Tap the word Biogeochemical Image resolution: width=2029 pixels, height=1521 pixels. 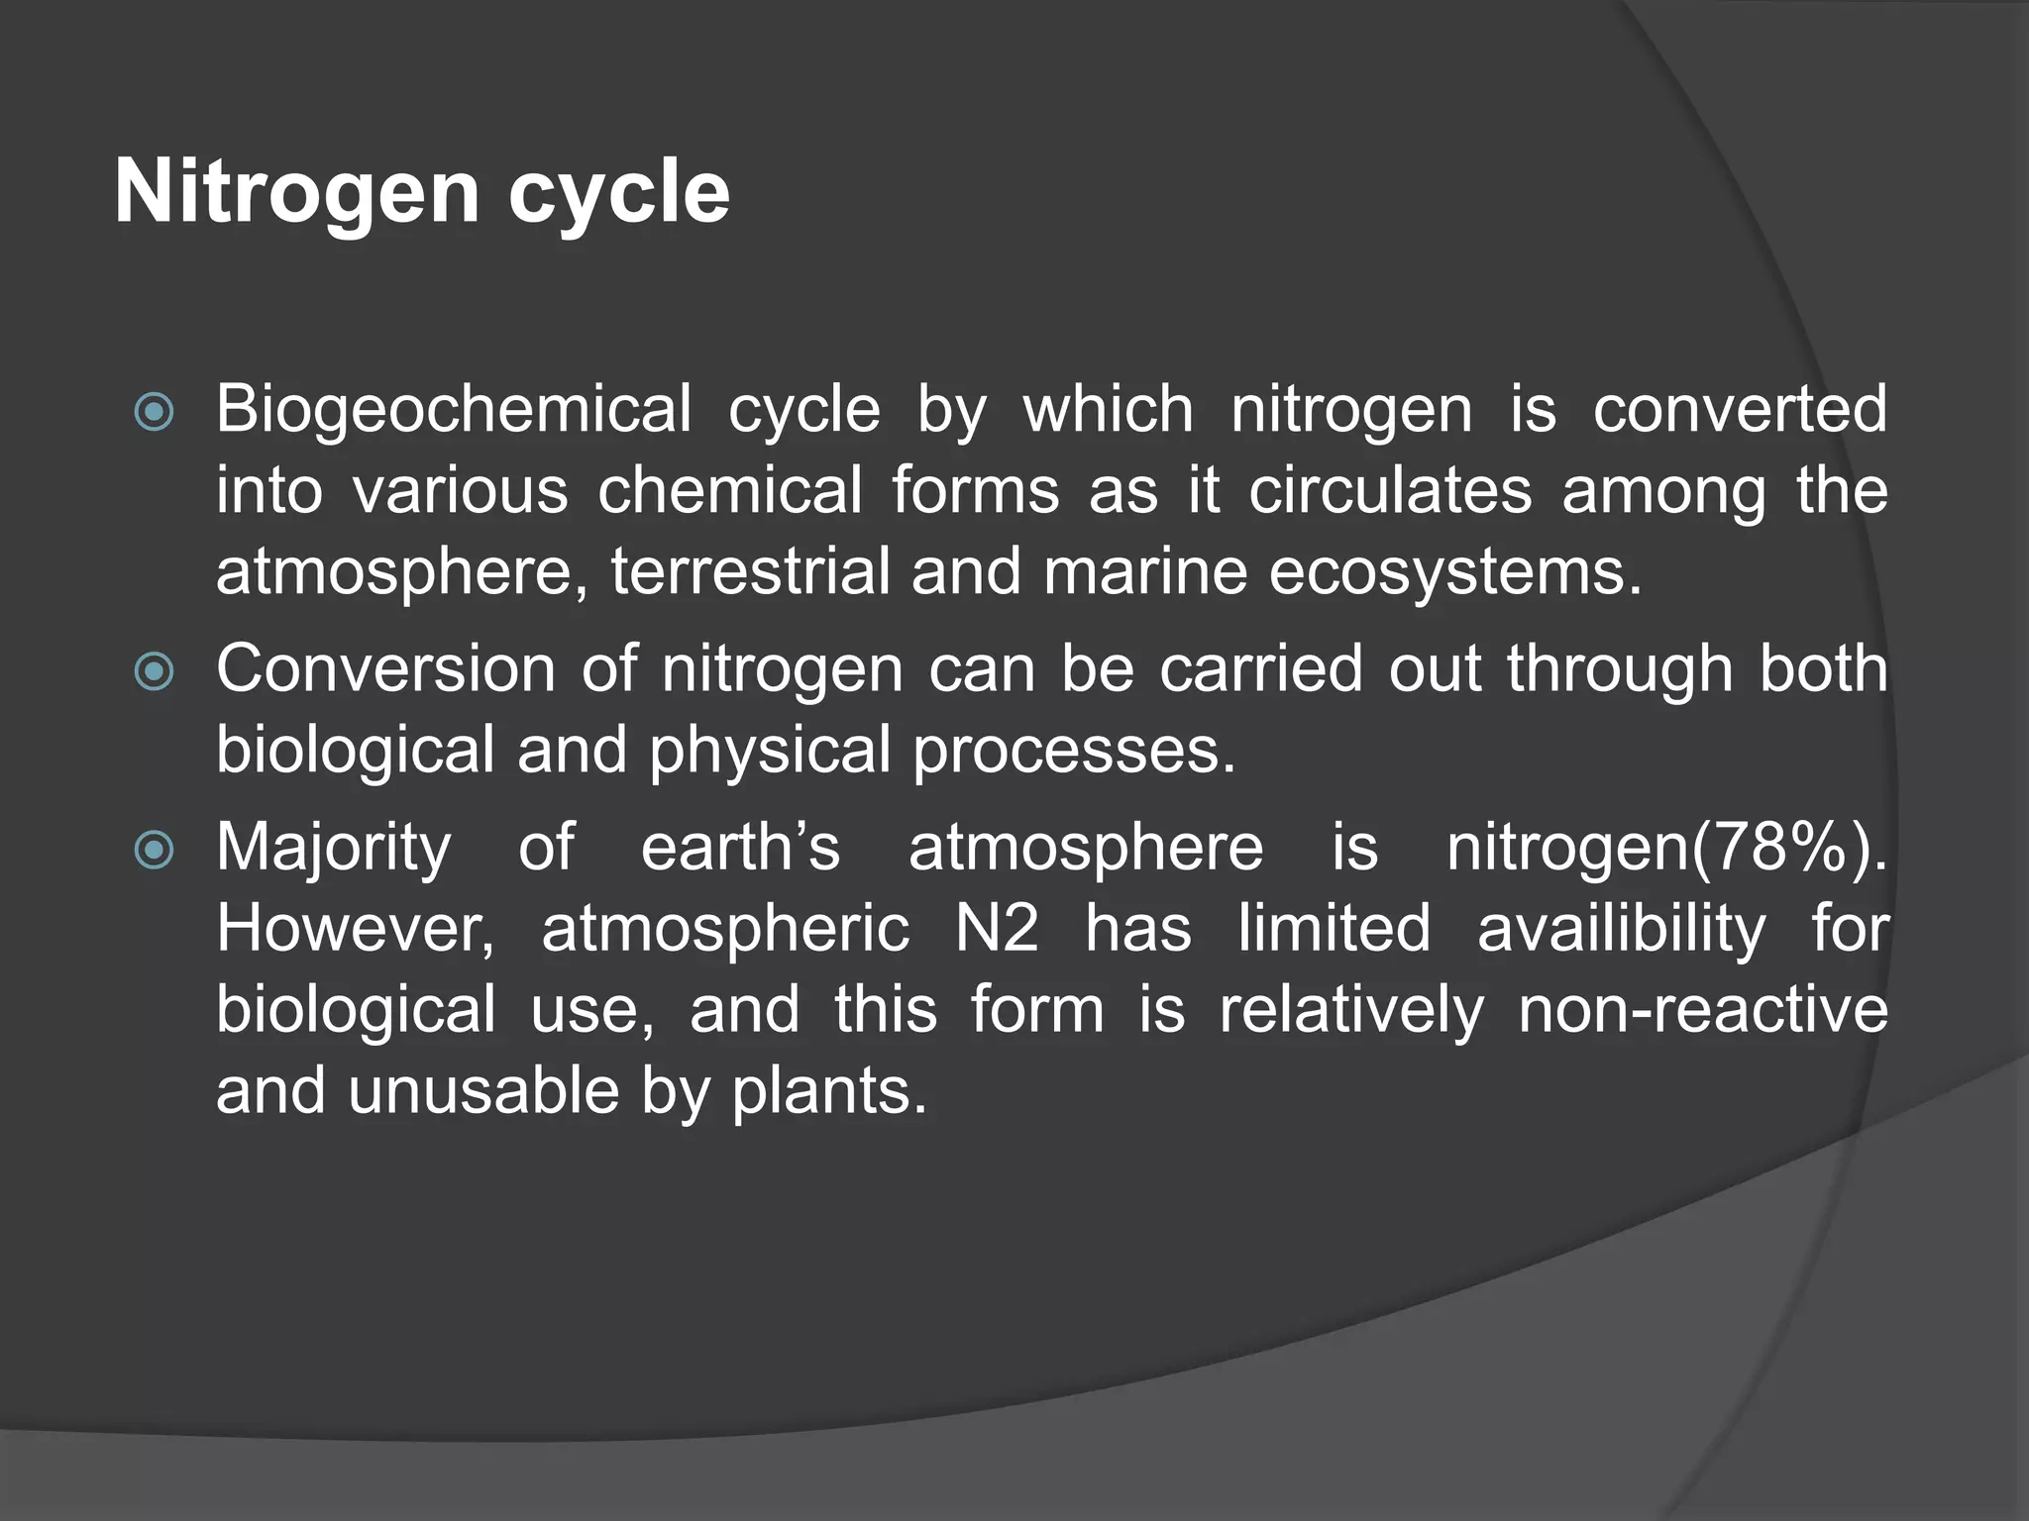click(x=454, y=409)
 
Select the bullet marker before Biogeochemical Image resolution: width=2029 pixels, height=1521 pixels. click(x=155, y=412)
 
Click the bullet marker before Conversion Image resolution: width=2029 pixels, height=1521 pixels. click(x=155, y=672)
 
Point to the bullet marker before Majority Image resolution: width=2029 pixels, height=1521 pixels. click(x=155, y=850)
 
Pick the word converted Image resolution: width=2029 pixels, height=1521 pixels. click(x=1740, y=409)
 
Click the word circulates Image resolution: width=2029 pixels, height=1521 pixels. click(x=1389, y=490)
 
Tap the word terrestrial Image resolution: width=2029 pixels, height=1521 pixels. click(x=751, y=572)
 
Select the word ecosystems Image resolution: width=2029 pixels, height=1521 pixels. click(x=1454, y=572)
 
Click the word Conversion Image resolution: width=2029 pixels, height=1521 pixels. click(x=385, y=668)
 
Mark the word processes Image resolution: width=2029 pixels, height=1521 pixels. click(x=1074, y=751)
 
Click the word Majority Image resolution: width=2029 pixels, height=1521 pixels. click(x=334, y=848)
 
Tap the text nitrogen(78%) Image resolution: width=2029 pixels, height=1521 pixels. click(x=1666, y=848)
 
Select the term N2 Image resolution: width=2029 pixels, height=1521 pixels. click(x=997, y=929)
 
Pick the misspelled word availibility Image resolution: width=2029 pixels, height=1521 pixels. click(x=1622, y=929)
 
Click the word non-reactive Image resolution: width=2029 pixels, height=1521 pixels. click(x=1703, y=1010)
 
